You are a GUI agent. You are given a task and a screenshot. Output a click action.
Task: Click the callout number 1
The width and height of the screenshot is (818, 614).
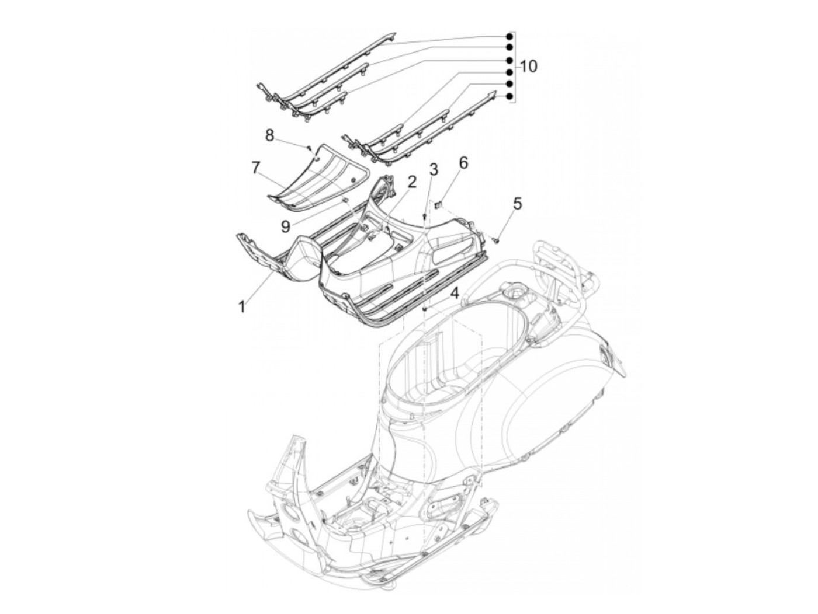(x=242, y=305)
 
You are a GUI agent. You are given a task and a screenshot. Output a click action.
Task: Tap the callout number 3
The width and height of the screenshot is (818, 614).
(x=433, y=170)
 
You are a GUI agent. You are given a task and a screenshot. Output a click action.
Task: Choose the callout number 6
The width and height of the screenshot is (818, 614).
(x=463, y=163)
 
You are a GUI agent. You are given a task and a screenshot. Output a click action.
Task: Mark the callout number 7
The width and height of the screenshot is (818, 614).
(x=255, y=168)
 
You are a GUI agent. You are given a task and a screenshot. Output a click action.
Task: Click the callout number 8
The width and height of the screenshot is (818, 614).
(x=269, y=135)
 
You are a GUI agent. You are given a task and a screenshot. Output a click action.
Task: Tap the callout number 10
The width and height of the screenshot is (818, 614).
(x=528, y=66)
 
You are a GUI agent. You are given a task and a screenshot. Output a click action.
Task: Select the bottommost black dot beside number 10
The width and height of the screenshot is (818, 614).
(x=509, y=96)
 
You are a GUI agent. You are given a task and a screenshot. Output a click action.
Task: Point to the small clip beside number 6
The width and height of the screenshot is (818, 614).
(x=440, y=204)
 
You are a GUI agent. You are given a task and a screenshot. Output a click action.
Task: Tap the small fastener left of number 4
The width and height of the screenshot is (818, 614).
(x=426, y=307)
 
